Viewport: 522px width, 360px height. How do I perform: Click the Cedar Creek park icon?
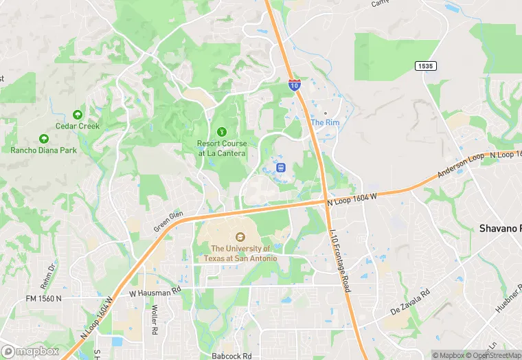(x=78, y=114)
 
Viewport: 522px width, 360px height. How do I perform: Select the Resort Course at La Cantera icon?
(x=221, y=131)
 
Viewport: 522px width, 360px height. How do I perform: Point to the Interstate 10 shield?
(x=293, y=85)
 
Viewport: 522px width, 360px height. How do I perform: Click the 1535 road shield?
(x=426, y=65)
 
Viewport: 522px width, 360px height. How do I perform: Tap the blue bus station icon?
(x=280, y=167)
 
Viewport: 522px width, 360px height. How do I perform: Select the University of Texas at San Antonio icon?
(x=240, y=237)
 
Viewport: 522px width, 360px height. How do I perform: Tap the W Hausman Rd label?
(x=155, y=293)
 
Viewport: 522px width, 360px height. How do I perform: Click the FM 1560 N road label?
(x=43, y=299)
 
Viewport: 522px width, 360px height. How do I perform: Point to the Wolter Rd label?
(x=155, y=320)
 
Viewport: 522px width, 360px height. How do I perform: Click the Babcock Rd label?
(x=231, y=356)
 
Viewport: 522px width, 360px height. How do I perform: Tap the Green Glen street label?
(x=168, y=221)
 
